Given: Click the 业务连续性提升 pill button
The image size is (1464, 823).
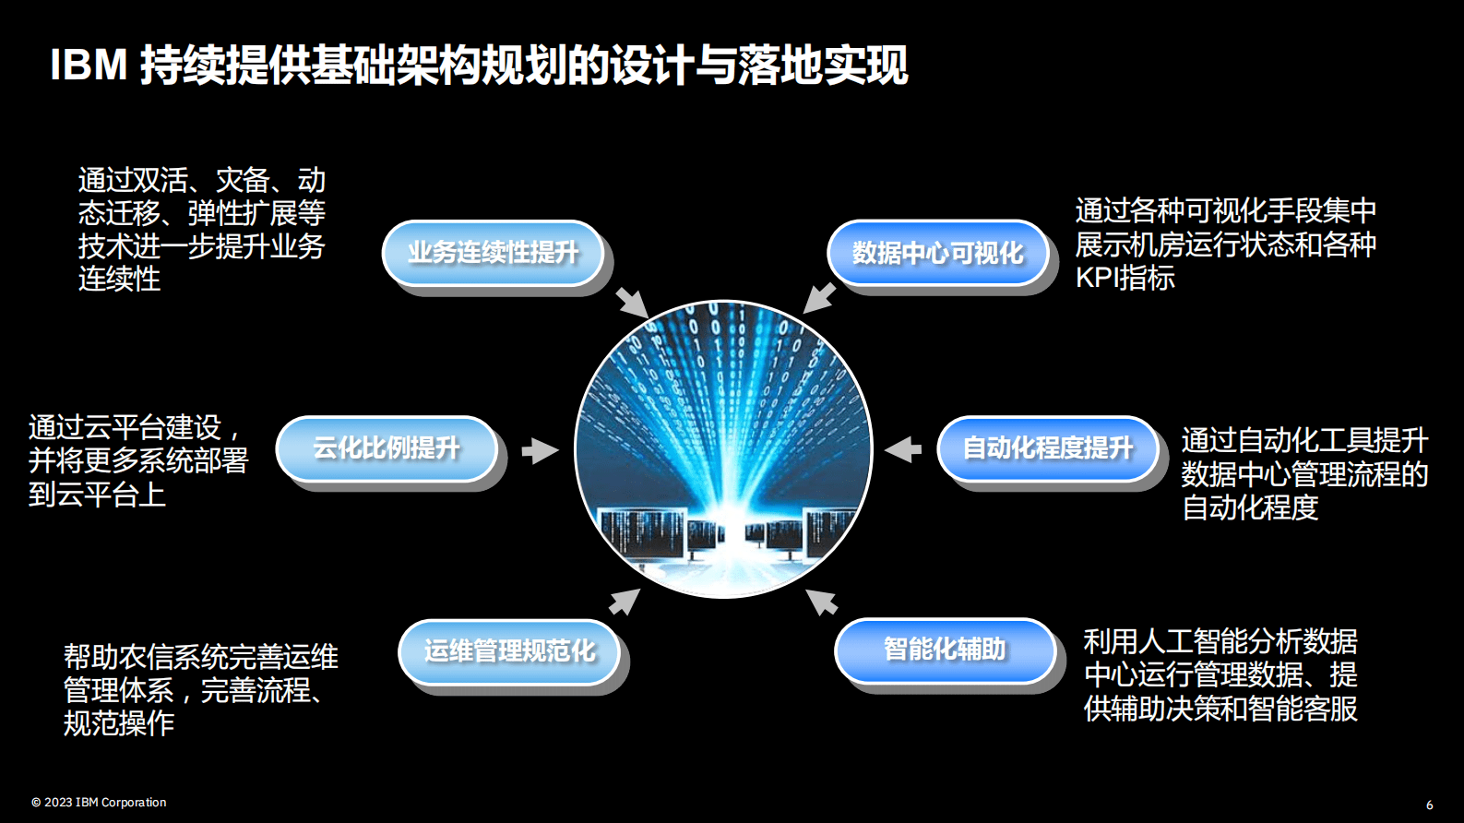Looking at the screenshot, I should point(493,252).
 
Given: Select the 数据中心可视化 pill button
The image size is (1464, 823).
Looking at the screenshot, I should point(937,252).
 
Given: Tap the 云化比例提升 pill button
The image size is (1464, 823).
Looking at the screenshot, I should point(387,448).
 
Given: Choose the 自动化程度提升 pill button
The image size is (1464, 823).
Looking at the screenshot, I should point(1047,448).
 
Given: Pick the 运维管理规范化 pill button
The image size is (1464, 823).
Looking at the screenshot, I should point(509,650).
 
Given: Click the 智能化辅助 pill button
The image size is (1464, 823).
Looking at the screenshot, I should point(945,649).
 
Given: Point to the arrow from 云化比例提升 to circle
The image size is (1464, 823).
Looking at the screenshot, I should point(540,450).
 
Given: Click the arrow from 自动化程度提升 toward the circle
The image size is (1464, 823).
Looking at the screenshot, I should point(903,449).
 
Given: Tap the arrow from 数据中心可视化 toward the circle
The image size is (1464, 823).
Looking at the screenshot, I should point(819,298).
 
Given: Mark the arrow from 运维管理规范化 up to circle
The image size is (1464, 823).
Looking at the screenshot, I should point(625,602).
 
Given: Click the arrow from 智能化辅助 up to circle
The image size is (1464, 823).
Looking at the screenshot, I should point(821,602).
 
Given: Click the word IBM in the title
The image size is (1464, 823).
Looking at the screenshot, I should point(89,66).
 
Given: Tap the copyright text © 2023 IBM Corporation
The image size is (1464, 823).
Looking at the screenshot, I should point(99,802).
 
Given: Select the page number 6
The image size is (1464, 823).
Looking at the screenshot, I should point(1429,805).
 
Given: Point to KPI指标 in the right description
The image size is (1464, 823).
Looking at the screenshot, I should point(1125,278).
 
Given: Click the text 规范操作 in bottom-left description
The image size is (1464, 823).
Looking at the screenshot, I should point(119,723).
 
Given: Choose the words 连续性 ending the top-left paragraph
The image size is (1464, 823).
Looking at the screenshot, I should point(119,279).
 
